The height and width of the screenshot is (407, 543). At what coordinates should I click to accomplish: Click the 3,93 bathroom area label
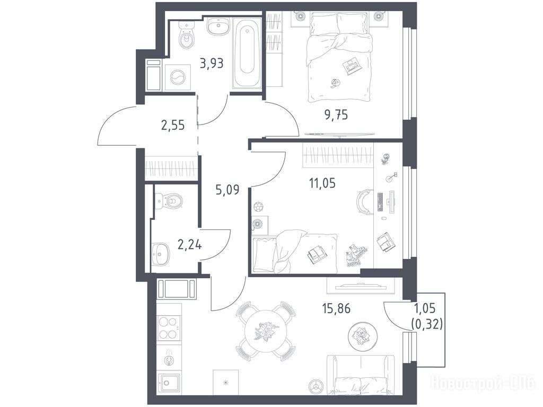point(212,64)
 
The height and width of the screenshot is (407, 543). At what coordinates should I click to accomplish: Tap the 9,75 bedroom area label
point(336,114)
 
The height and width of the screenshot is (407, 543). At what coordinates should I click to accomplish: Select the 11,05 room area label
point(322,182)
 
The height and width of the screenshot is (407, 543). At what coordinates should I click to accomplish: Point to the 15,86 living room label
point(336,308)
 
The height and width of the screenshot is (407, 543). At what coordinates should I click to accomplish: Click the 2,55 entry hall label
point(173,125)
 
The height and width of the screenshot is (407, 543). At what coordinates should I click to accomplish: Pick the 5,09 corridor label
point(227,190)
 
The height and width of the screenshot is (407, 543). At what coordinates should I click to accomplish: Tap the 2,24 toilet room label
point(189,245)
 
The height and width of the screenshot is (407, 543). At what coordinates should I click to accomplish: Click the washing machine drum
point(178,77)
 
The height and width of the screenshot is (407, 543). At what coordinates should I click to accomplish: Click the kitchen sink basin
point(169,383)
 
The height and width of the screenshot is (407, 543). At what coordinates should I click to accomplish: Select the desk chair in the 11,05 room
point(364,201)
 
